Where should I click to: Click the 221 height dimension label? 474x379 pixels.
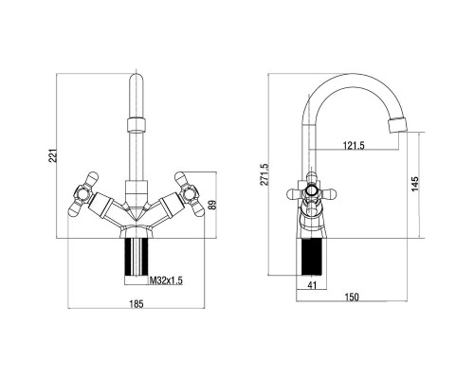pos(54,155)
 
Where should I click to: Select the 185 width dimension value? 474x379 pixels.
pos(137,304)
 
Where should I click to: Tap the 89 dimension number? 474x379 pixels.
pos(212,206)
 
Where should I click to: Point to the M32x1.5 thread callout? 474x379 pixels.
pos(166,280)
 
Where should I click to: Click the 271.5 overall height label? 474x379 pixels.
pos(264,174)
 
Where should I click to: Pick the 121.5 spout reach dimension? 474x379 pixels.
pos(354,145)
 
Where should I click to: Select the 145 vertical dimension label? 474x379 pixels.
pos(415,184)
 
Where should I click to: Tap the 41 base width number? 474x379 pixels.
pos(312,285)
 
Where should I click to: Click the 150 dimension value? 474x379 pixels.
pos(352,298)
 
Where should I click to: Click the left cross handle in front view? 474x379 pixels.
pos(82,194)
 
